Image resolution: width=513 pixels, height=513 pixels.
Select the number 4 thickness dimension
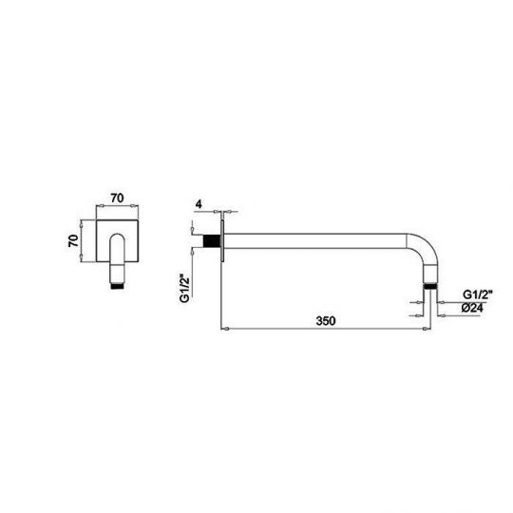coord(199,202)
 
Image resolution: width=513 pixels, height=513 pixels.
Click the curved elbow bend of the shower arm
coord(425,254)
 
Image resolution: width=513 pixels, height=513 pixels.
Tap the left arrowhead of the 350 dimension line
coord(222,329)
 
